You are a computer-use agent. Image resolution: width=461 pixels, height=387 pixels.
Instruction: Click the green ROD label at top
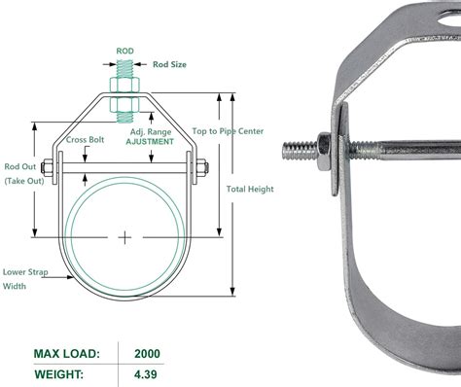click(125, 52)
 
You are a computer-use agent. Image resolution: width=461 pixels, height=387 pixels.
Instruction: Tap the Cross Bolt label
click(86, 140)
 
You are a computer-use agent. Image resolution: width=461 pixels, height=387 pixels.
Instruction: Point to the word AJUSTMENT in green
click(150, 141)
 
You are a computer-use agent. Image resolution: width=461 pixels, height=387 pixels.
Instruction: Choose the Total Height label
click(250, 190)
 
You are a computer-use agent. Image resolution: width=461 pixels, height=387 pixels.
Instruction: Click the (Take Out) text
click(23, 181)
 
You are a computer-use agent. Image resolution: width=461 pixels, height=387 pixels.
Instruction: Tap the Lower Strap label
click(25, 273)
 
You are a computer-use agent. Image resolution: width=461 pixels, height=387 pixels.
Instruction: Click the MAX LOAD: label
click(70, 353)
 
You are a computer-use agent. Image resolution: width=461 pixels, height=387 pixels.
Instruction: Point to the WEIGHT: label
click(66, 373)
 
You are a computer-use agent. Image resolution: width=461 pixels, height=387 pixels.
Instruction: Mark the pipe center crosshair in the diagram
click(125, 236)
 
